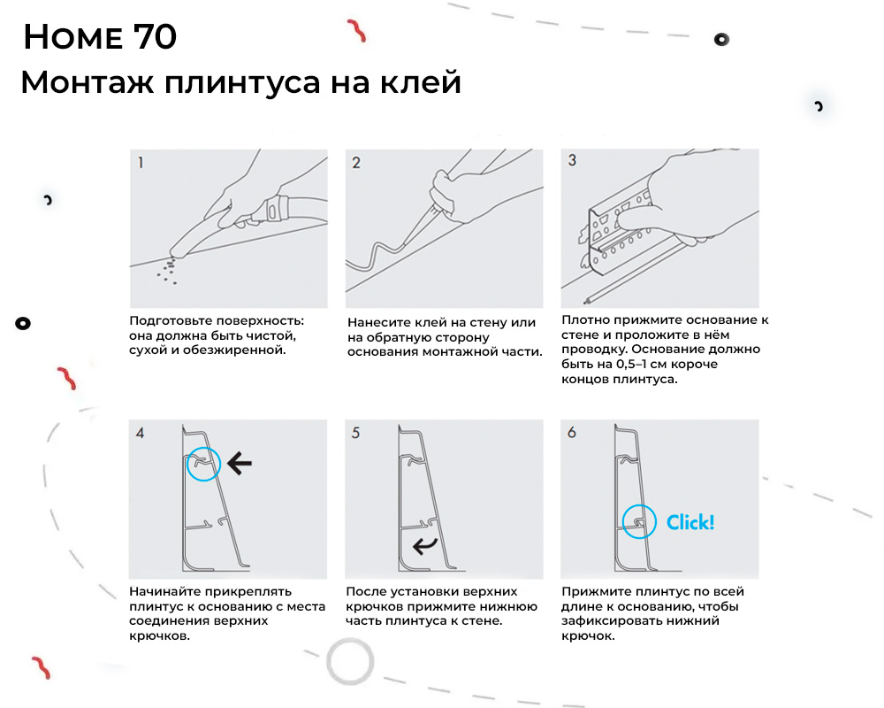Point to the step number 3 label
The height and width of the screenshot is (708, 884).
point(572,161)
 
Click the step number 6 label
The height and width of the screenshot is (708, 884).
point(572,434)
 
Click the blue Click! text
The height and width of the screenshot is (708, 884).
point(690,522)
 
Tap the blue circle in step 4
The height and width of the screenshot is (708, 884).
point(203,464)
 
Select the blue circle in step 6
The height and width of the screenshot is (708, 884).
point(638,522)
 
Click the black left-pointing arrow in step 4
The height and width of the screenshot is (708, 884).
point(239,460)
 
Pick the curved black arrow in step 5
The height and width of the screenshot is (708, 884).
point(423,543)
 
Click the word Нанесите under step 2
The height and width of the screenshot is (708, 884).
point(382,323)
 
